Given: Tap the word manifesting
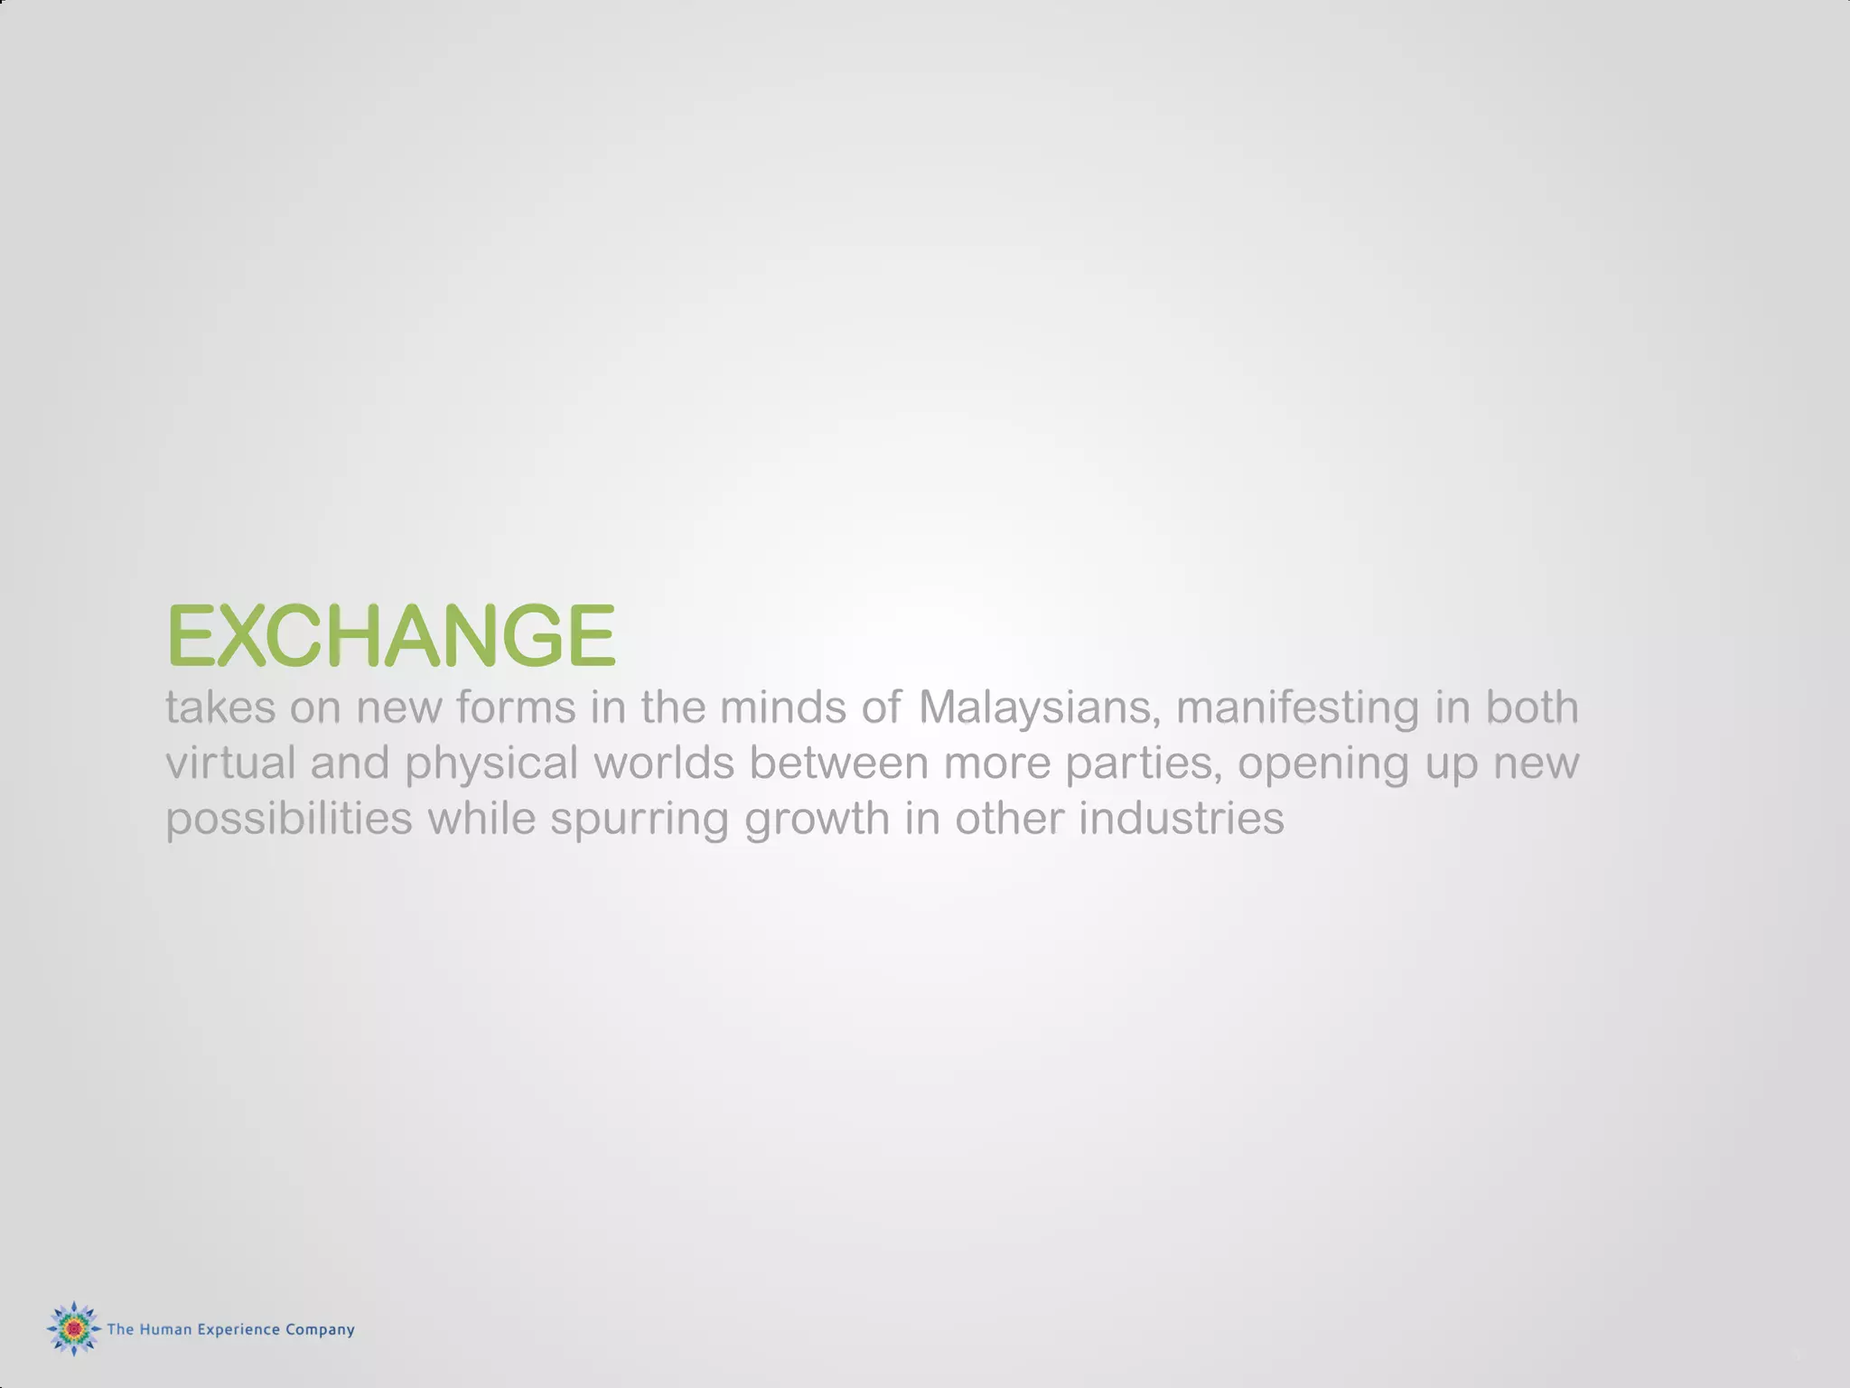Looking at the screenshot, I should (1297, 708).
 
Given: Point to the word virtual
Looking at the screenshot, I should (230, 763).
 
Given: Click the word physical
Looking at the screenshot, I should (491, 764).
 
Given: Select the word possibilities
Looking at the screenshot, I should (289, 819).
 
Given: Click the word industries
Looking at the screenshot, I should (1181, 819).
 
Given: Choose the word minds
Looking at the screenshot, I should (782, 708).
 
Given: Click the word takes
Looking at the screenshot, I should (220, 708).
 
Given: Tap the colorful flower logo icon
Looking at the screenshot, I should (73, 1327).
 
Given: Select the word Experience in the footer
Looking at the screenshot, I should (238, 1329).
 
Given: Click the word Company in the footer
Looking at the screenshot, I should (320, 1330).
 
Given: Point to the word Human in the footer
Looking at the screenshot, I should (165, 1329).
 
